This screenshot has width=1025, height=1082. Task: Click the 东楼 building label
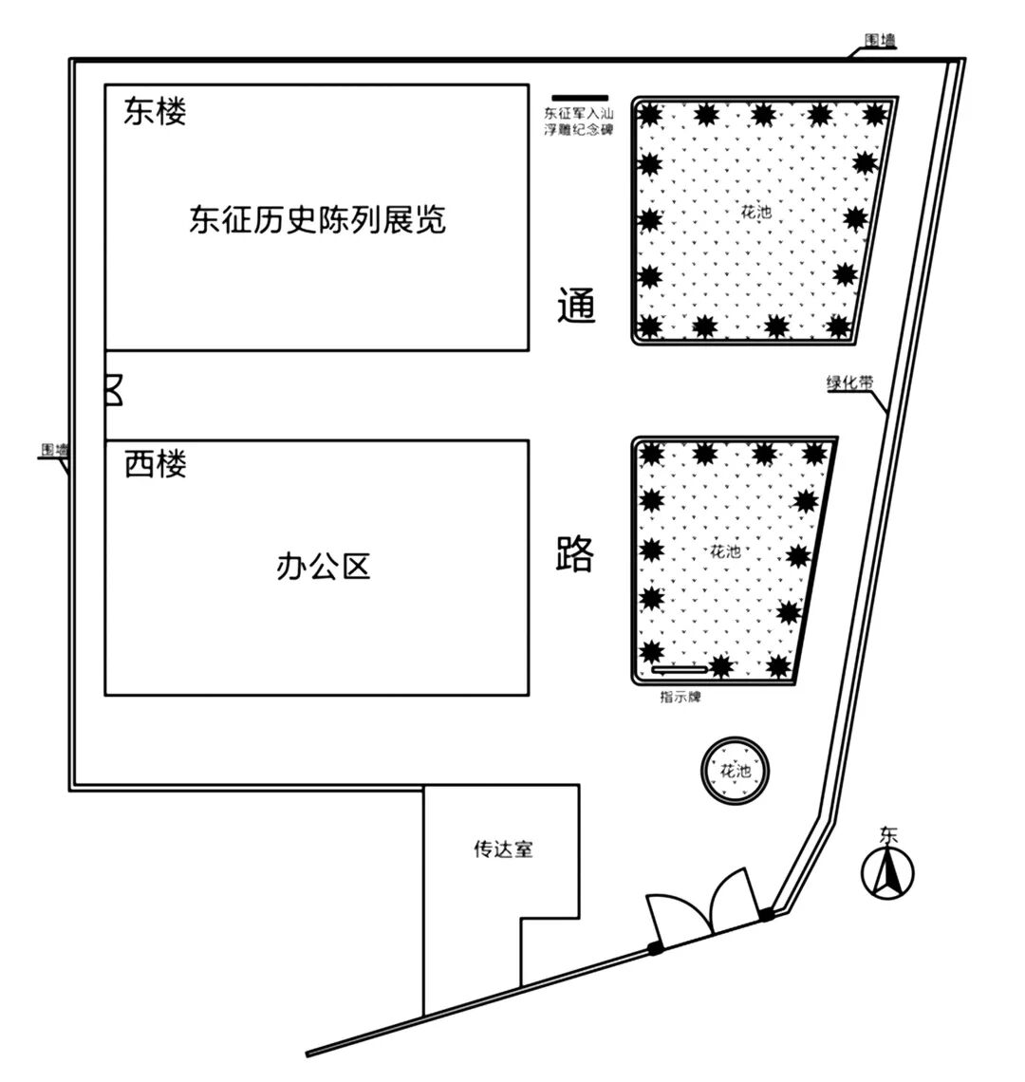(x=155, y=111)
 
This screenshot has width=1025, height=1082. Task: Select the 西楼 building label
(x=155, y=464)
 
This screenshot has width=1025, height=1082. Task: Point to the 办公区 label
(x=322, y=567)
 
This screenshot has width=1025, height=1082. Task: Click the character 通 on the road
(x=575, y=305)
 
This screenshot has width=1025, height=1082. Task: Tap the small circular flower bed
(x=736, y=771)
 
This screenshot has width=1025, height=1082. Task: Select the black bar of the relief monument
(x=580, y=96)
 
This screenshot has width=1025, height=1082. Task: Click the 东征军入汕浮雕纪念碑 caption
(x=578, y=121)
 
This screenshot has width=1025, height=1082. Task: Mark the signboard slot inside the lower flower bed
(x=680, y=669)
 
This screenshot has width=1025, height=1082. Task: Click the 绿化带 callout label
(x=849, y=383)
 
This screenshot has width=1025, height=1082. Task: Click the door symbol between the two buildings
(x=113, y=390)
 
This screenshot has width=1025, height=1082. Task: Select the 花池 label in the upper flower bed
(x=756, y=212)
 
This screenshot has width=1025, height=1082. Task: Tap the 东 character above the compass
(x=888, y=836)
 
